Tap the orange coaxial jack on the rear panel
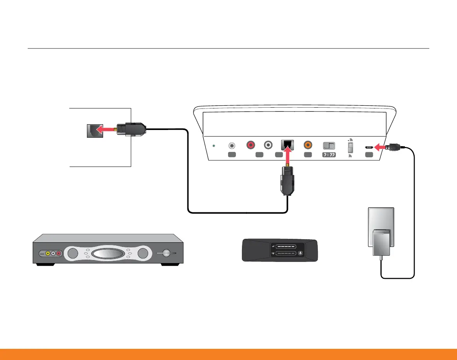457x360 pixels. coord(308,145)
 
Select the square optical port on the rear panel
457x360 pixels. coord(288,145)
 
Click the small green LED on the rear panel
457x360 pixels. coord(215,146)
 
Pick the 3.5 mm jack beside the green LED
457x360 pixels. coord(232,146)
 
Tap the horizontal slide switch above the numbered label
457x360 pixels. coord(329,146)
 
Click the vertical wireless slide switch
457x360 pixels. coord(350,147)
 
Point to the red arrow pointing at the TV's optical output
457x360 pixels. coord(105,131)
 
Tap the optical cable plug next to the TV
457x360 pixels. coord(132,130)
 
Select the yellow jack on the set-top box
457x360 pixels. coord(47,253)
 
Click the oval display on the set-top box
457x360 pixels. coord(108,254)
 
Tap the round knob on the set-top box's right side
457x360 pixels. coord(167,253)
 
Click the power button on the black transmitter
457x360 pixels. coord(300,253)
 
